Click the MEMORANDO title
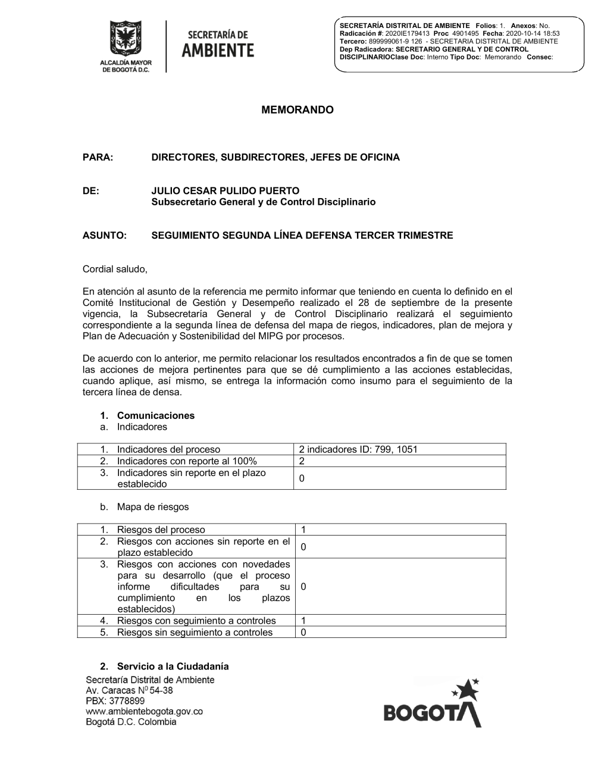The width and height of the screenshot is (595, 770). click(297, 110)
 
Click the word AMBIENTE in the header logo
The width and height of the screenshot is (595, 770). click(217, 51)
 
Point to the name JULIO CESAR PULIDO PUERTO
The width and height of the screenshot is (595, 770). click(226, 191)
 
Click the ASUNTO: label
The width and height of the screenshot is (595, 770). click(105, 235)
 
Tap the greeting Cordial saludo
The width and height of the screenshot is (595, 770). click(115, 269)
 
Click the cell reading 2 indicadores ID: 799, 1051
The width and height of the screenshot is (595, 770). click(358, 449)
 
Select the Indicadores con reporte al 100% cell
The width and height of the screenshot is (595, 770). click(187, 461)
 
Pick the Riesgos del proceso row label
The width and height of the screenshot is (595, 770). click(161, 530)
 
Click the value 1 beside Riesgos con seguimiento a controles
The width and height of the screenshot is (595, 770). click(303, 621)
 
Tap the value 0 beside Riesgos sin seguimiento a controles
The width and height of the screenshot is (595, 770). click(303, 632)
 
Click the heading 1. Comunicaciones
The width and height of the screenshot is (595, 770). click(155, 415)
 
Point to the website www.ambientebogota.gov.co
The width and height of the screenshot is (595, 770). click(145, 711)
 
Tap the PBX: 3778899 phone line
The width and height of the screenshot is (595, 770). click(115, 701)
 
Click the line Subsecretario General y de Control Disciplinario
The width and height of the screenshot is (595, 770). click(264, 202)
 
